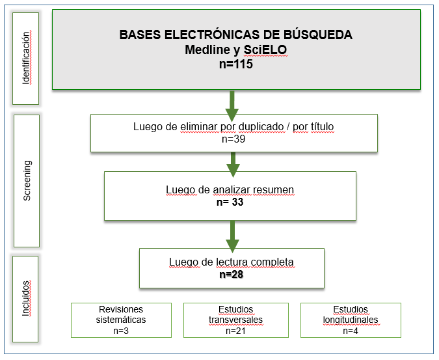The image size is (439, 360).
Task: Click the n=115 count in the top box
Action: (x=235, y=64)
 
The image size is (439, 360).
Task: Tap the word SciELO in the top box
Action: (x=265, y=49)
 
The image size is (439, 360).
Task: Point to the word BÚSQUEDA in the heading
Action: (x=319, y=35)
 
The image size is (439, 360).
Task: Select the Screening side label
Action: (x=27, y=181)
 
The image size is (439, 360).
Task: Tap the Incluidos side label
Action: (x=27, y=298)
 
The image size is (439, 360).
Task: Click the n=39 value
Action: (x=234, y=139)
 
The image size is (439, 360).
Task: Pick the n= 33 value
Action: (x=230, y=202)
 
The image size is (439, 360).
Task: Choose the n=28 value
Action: (x=232, y=274)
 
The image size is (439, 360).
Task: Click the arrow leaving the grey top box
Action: (x=232, y=103)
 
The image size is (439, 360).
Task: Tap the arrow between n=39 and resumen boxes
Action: (x=232, y=163)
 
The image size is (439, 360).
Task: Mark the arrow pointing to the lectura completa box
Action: (x=232, y=234)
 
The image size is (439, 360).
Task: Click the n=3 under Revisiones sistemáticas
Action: (x=121, y=331)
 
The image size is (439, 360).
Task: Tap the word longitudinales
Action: (x=351, y=320)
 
